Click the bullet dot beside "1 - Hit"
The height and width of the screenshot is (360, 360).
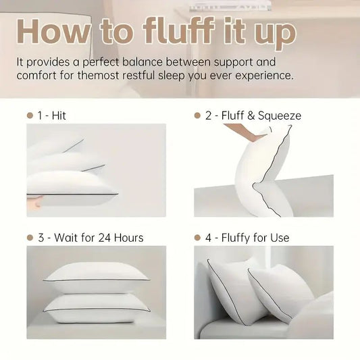(x=30, y=115)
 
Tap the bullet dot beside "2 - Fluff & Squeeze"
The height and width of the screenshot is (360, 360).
(x=197, y=115)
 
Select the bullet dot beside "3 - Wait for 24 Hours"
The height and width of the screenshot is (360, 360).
(x=30, y=238)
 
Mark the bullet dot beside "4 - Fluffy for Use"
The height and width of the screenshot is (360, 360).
(x=197, y=238)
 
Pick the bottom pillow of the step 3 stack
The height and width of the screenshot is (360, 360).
(x=97, y=305)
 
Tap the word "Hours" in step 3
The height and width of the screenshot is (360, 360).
(x=128, y=238)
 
